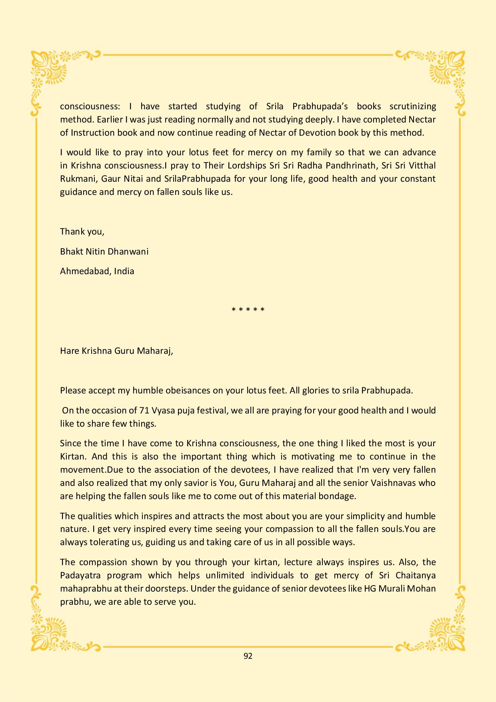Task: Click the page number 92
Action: (x=248, y=656)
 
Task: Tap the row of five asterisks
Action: (x=248, y=310)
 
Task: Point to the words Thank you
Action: (x=82, y=231)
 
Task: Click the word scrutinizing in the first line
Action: (x=413, y=106)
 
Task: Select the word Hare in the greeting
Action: (x=69, y=351)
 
